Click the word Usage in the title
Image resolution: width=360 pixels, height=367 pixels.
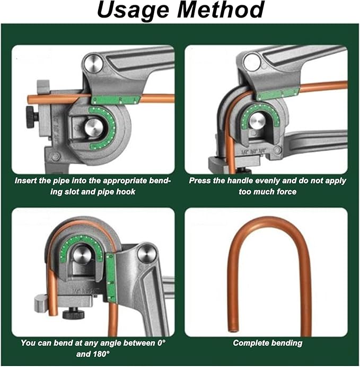(133, 11)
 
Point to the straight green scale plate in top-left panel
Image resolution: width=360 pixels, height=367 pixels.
(115, 100)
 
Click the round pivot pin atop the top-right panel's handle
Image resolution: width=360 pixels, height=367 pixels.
(252, 62)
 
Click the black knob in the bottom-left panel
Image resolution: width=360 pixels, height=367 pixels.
(75, 314)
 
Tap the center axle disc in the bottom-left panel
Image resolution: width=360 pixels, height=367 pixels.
(81, 255)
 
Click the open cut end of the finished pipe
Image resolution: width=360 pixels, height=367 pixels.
(232, 330)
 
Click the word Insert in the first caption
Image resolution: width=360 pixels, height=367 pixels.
(25, 181)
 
